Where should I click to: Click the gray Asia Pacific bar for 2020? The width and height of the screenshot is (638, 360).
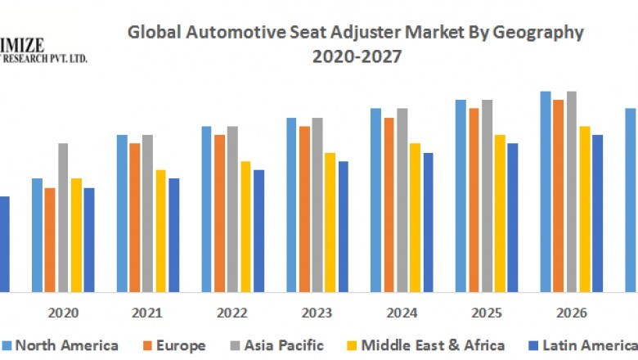63,218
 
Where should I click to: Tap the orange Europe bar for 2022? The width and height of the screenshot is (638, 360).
219,214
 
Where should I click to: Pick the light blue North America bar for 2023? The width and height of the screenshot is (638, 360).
292,205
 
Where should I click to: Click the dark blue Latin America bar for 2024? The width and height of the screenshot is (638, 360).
428,222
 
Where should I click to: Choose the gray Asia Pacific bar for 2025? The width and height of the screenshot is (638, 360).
487,196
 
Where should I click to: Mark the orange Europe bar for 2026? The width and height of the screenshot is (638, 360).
559,196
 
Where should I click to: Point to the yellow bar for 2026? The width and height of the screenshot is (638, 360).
585,209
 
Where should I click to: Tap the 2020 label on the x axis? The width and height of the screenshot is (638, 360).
63,313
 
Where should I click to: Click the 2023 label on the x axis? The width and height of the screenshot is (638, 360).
317,313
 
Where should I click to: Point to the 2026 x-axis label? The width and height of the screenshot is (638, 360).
572,313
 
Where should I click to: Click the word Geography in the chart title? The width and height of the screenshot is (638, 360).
538,33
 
